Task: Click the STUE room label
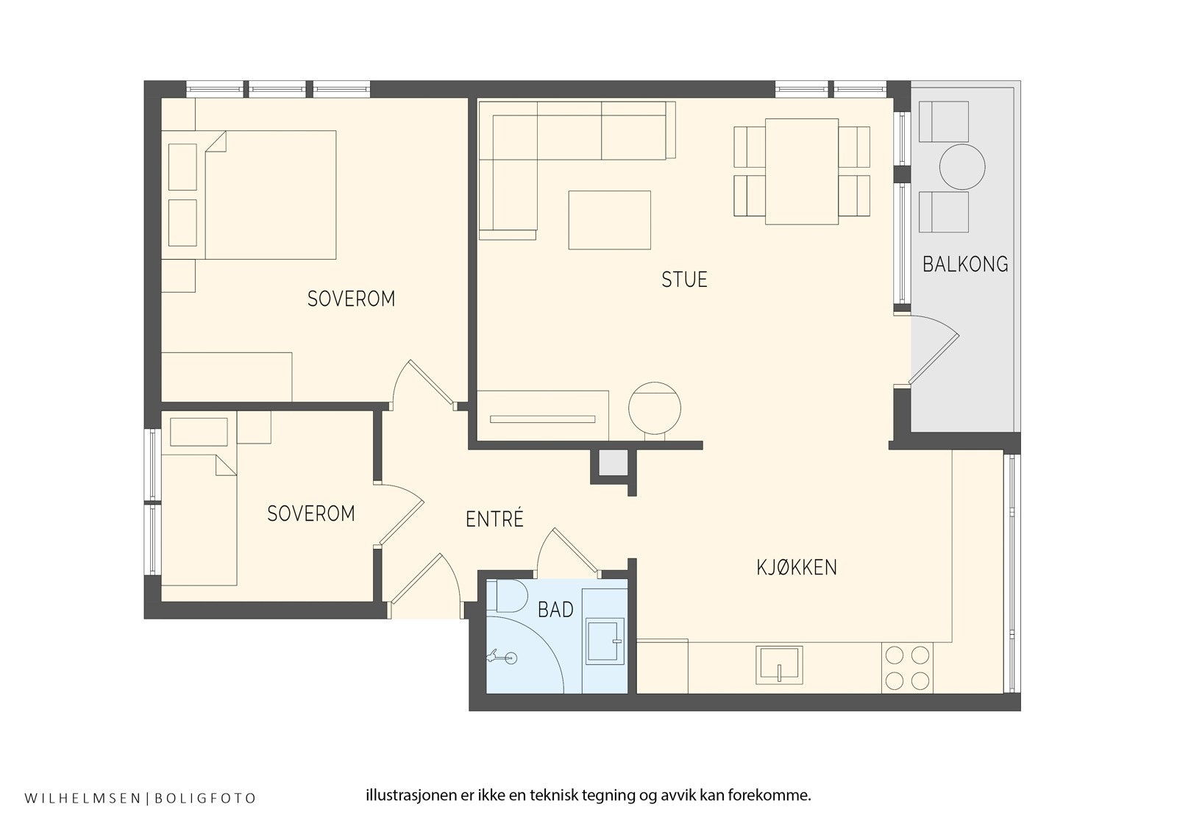point(684,280)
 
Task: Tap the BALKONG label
point(965,264)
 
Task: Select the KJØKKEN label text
point(797,568)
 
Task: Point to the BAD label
point(555,610)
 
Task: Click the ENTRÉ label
point(494,519)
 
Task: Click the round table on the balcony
point(962,167)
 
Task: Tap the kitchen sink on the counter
point(779,665)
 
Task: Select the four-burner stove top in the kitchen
point(908,667)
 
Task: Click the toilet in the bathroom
point(507,595)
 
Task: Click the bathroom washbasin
point(604,641)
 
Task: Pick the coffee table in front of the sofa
point(610,220)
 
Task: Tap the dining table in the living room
point(801,171)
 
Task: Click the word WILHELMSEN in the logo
point(82,798)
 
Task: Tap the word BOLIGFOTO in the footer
point(205,798)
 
